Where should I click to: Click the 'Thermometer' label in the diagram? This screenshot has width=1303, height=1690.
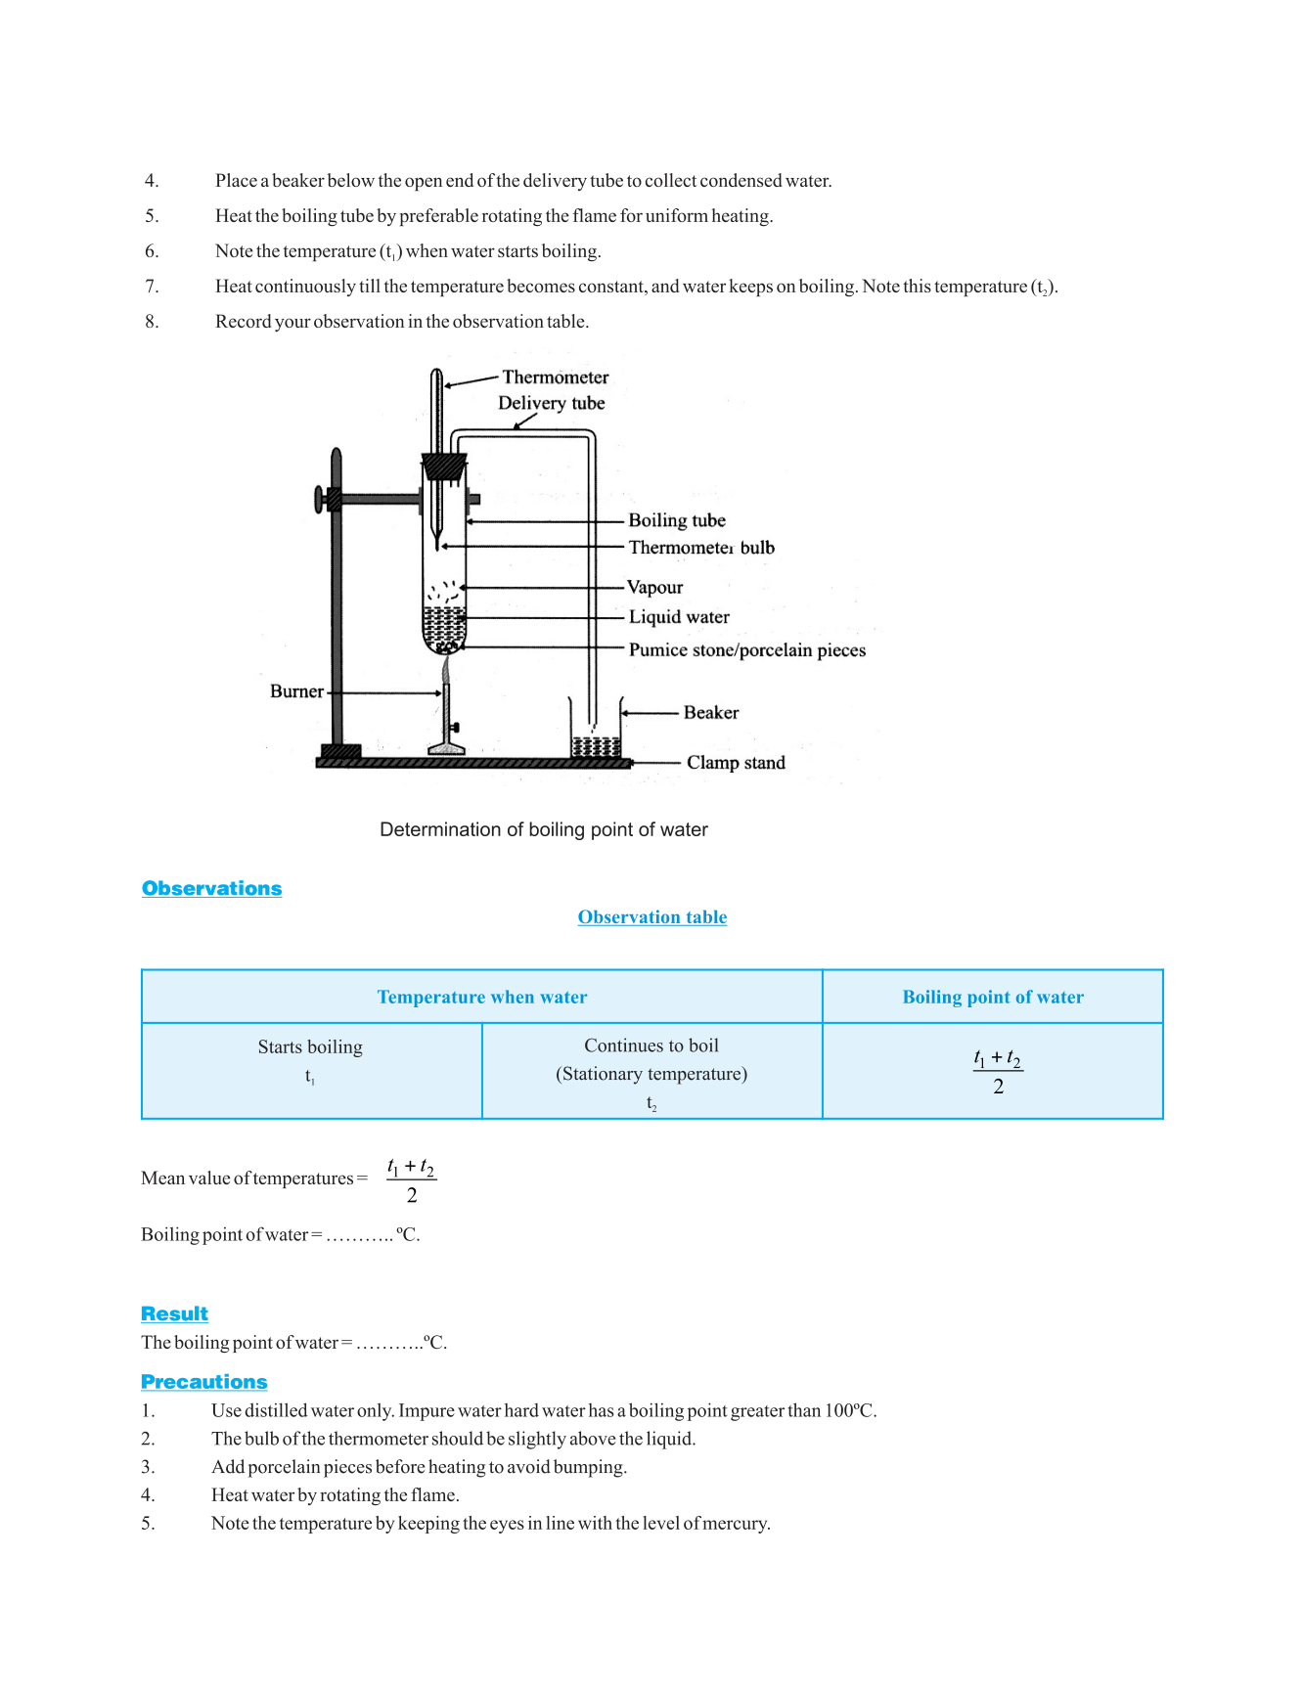click(555, 378)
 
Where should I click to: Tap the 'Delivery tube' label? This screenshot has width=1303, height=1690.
click(551, 403)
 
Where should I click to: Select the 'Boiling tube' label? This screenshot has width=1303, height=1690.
click(677, 520)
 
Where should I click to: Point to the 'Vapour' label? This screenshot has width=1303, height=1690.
click(654, 587)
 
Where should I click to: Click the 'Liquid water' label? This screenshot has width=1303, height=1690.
click(679, 617)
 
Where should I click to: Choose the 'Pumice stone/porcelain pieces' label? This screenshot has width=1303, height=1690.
click(746, 650)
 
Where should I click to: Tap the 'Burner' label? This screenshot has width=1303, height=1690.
click(296, 691)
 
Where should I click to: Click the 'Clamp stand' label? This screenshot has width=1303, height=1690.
click(736, 763)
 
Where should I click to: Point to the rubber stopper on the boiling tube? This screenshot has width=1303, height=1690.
click(444, 467)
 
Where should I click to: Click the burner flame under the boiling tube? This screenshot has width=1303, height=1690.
click(446, 669)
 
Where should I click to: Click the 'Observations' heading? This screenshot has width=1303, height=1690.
click(211, 888)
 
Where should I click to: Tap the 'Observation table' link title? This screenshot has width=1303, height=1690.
click(651, 917)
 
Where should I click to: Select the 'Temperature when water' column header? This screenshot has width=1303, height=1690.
click(482, 997)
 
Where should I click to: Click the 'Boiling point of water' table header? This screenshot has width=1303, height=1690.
click(992, 997)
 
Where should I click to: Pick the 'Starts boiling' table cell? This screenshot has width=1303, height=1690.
click(310, 1047)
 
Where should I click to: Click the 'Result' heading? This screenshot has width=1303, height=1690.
click(174, 1313)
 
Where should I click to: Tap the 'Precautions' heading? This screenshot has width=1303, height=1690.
click(203, 1382)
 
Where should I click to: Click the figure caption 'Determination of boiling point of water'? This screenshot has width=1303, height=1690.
click(543, 830)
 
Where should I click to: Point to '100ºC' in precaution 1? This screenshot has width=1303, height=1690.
click(848, 1410)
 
